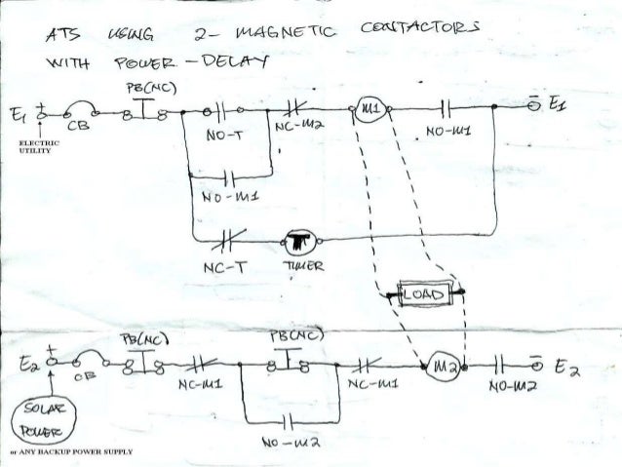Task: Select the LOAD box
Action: (423, 292)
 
